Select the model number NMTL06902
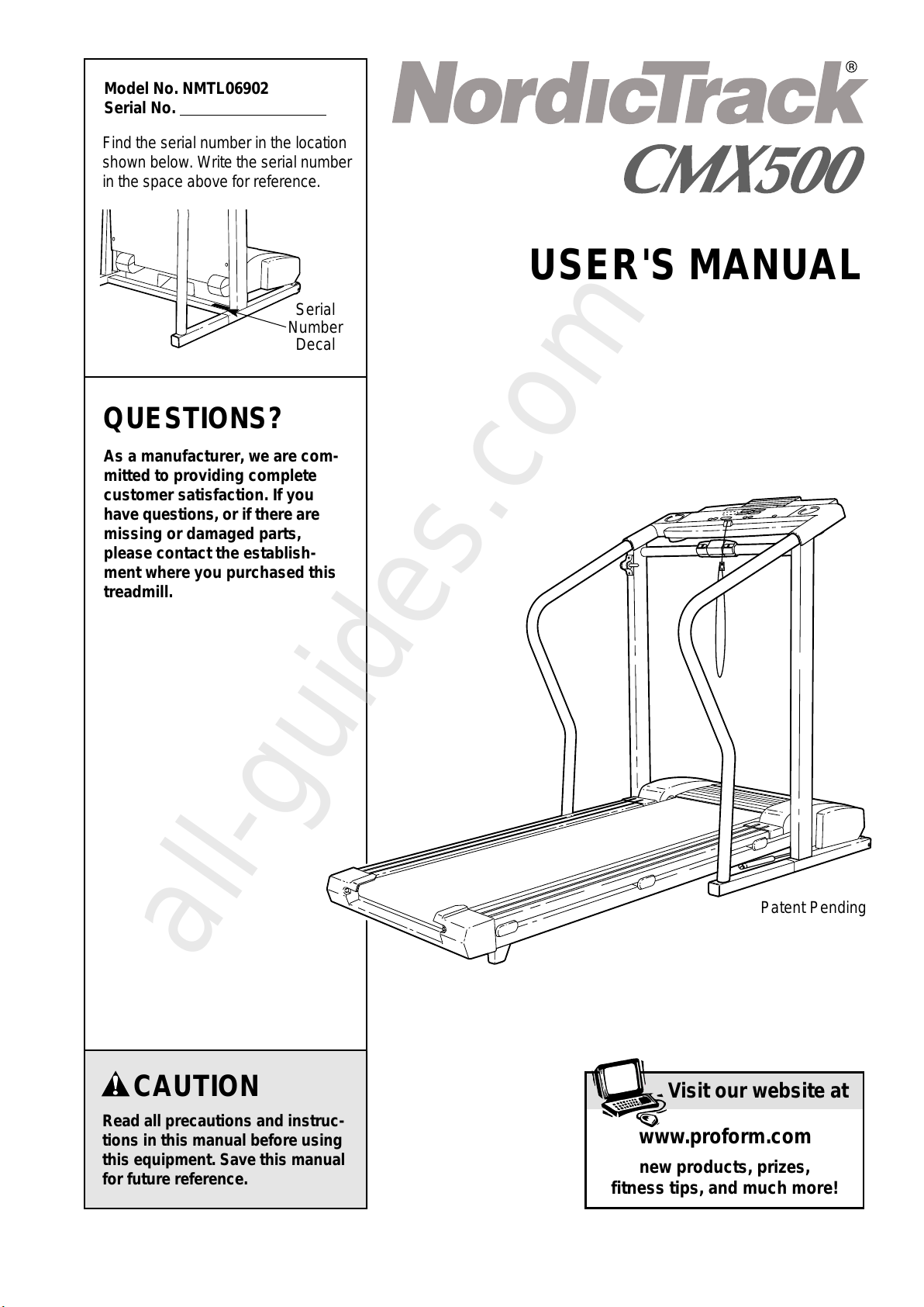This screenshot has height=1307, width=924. (226, 88)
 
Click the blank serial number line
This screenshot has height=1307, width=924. (253, 116)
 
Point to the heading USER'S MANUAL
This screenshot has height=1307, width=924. (695, 265)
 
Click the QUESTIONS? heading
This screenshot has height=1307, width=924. (192, 419)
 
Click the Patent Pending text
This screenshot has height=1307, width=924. (813, 908)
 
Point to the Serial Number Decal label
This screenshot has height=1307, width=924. (315, 327)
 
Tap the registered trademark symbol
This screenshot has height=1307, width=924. (851, 67)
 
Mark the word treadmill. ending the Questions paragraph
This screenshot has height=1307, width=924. (138, 593)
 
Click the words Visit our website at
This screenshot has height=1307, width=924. (758, 1091)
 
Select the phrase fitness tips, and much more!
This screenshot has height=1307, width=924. (725, 1188)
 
